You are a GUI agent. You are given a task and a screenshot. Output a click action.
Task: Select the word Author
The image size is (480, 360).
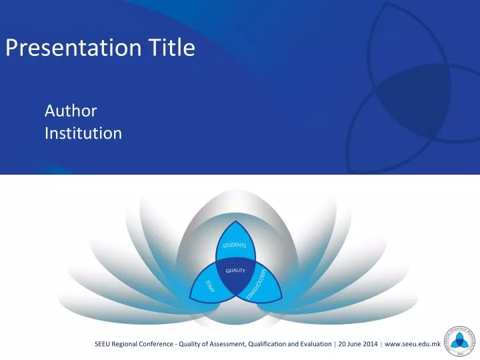71,111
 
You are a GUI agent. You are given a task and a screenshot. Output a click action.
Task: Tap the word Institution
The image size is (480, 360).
83,133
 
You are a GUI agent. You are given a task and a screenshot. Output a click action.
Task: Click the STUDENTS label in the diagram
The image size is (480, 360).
235,245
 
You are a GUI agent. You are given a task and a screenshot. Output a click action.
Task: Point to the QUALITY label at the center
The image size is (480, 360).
235,271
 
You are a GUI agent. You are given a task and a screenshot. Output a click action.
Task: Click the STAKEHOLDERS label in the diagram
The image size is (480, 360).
257,285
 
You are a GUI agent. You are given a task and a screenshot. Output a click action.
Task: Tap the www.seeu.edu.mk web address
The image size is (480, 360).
413,344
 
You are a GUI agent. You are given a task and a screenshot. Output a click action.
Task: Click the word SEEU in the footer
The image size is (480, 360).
104,344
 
